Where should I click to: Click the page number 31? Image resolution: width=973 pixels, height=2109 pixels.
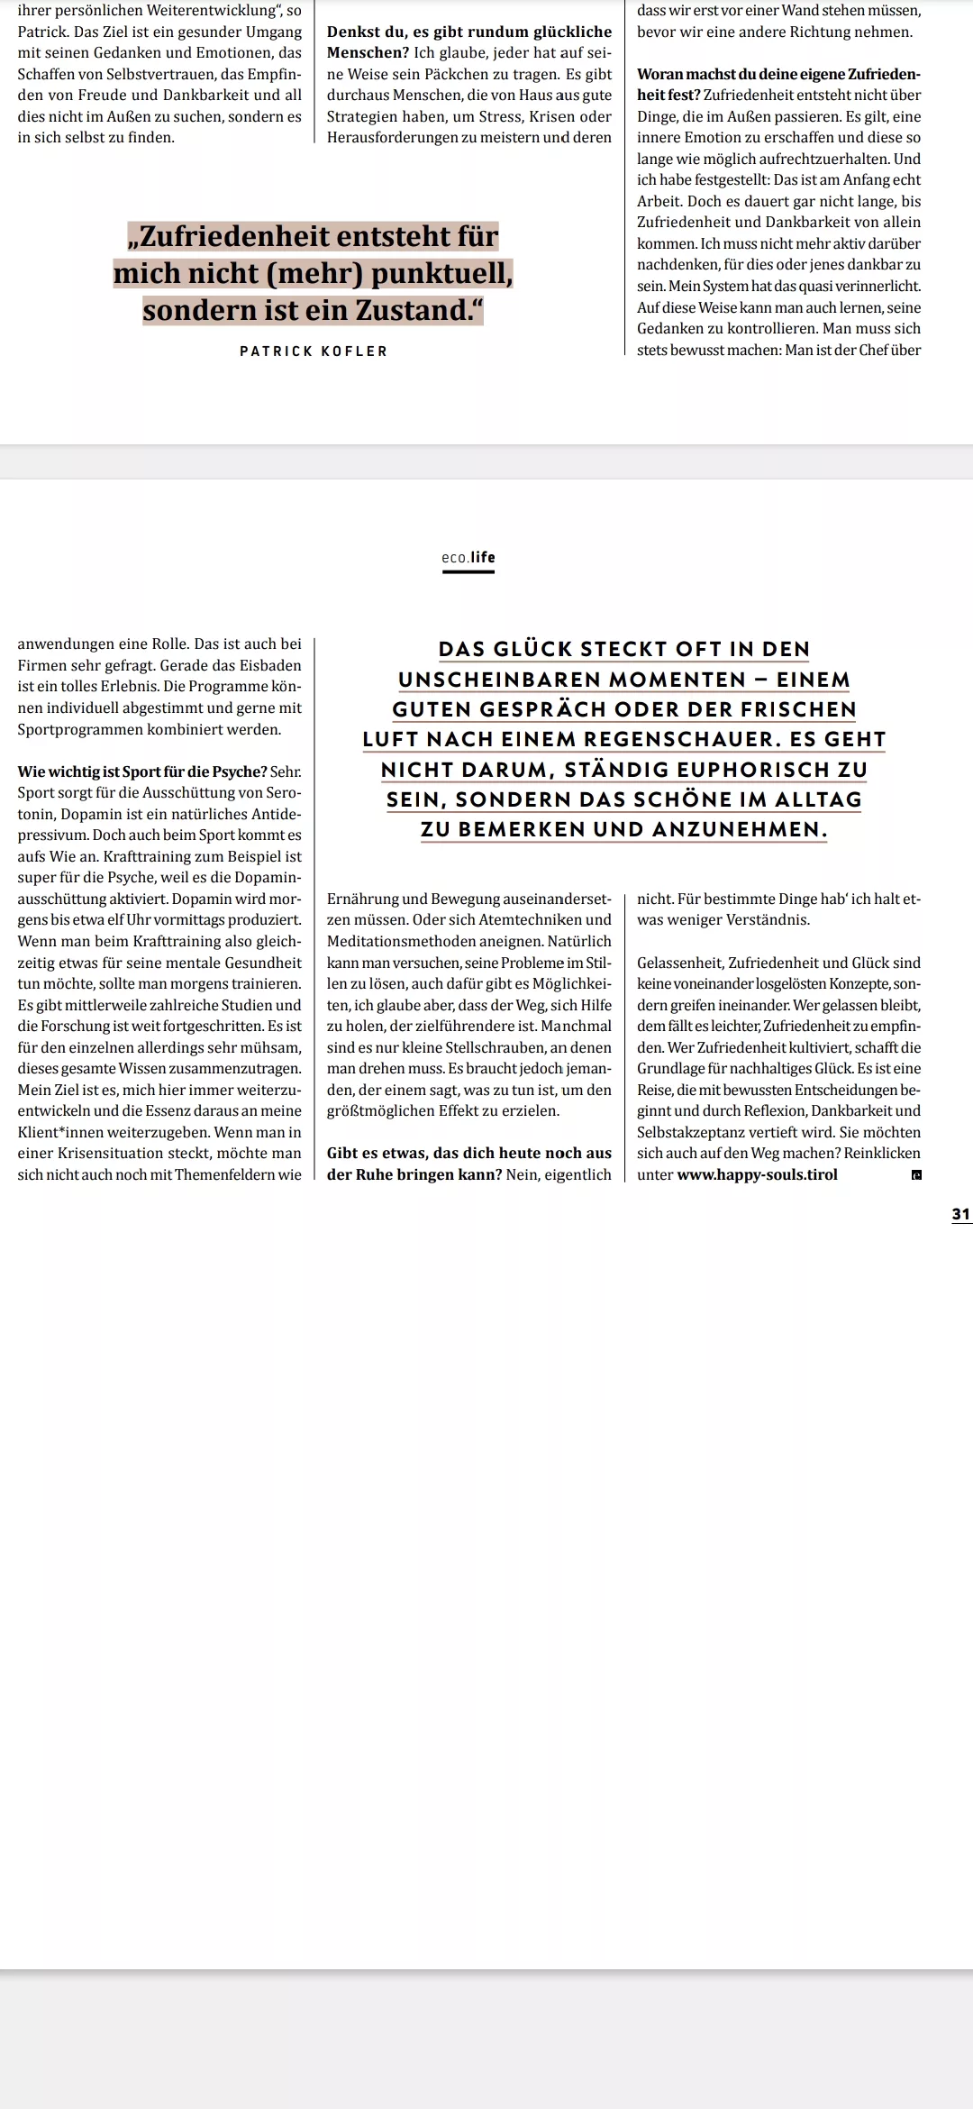961,1214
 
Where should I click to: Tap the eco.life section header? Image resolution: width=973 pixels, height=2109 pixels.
468,558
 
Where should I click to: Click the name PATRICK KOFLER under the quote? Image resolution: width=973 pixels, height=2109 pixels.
314,351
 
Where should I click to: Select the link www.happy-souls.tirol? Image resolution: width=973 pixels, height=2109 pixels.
757,1174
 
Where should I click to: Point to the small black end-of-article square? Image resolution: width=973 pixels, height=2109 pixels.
916,1175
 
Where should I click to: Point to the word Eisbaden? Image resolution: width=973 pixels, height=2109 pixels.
261,665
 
